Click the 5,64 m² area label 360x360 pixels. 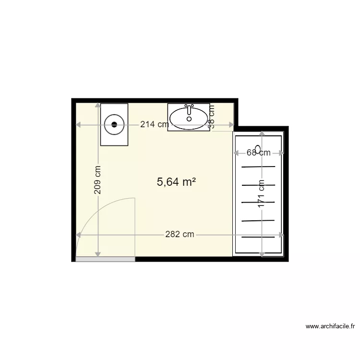point(176,182)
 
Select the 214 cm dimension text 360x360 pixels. point(154,125)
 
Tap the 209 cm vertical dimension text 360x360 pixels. point(97,180)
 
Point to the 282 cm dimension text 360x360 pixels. point(180,234)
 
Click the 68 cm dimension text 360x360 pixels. point(258,153)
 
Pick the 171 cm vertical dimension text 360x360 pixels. point(262,194)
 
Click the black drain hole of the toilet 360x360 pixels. point(114,124)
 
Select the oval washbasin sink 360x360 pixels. point(189,118)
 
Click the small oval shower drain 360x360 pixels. point(258,148)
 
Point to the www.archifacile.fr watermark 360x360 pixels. point(330,326)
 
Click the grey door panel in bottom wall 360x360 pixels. point(105,259)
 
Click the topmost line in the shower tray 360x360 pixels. point(258,167)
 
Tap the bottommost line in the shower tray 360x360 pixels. point(258,237)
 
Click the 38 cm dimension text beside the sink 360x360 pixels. point(211,117)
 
